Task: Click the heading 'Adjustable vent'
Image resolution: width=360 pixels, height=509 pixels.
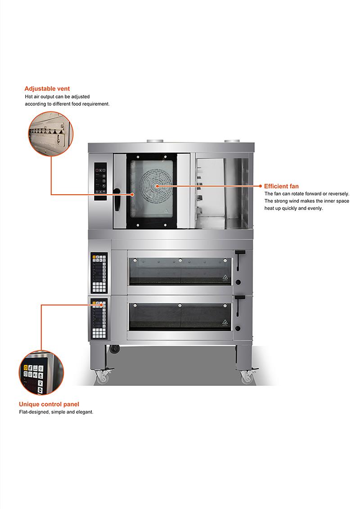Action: tap(47, 89)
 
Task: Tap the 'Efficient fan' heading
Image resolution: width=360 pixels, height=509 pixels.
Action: tap(281, 186)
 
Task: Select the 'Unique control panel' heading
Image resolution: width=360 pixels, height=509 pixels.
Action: tap(49, 404)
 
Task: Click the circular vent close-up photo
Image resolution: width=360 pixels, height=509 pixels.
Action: tap(51, 134)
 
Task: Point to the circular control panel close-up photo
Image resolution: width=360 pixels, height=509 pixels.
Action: tap(41, 373)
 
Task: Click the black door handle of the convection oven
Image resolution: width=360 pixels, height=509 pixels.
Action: tap(117, 200)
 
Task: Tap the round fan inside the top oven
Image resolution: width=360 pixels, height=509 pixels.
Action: tap(157, 186)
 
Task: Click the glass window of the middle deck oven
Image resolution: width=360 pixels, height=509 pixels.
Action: tap(180, 272)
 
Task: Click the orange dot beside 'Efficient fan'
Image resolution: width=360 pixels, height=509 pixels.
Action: tap(261, 186)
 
